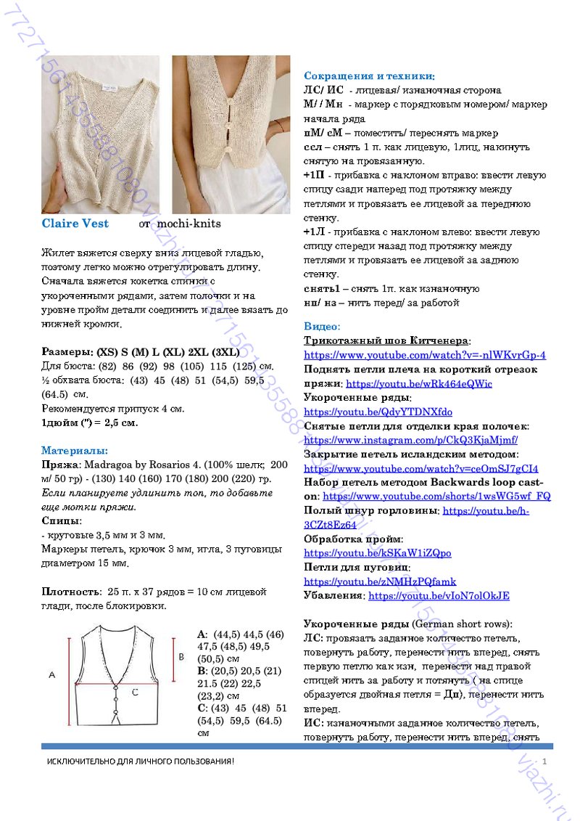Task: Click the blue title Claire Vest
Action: click(x=75, y=224)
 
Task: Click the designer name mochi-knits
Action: click(x=188, y=224)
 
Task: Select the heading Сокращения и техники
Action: click(x=369, y=76)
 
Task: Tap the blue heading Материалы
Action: click(x=75, y=450)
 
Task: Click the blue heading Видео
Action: click(x=322, y=327)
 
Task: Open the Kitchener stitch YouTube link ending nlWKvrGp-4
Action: click(x=424, y=355)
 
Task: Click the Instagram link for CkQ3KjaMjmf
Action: click(x=410, y=440)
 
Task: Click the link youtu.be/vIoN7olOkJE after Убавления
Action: click(x=439, y=596)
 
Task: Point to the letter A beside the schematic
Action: click(x=51, y=675)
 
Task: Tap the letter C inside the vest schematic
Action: click(x=135, y=693)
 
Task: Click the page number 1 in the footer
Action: click(x=542, y=760)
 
